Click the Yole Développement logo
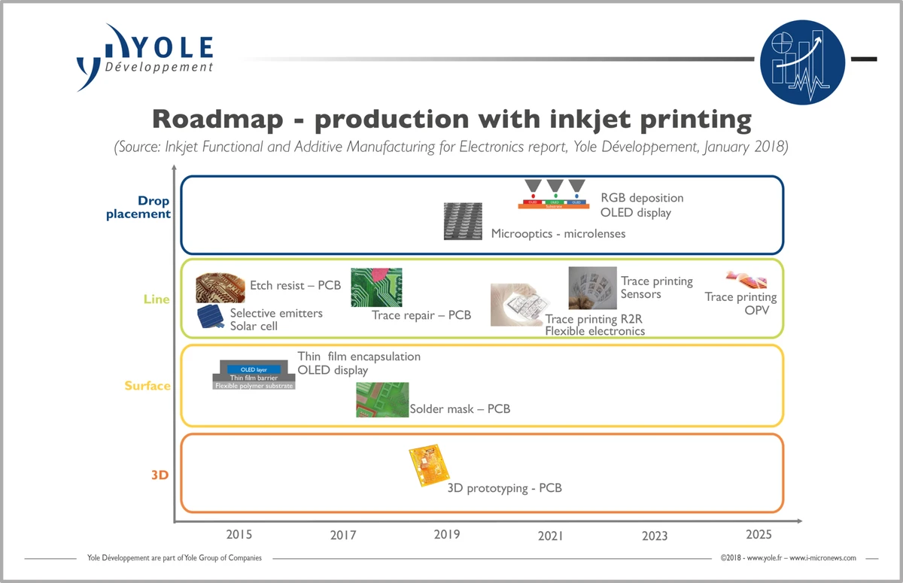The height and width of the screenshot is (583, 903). (x=144, y=56)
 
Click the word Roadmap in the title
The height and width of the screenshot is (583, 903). (x=223, y=120)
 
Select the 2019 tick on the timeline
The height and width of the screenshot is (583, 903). (x=447, y=535)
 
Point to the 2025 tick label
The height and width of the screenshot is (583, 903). (x=759, y=535)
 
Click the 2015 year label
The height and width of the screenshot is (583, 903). (x=239, y=535)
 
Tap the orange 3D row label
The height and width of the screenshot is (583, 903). (x=160, y=475)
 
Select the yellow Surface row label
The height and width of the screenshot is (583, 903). (x=147, y=386)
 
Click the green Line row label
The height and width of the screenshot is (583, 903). (x=157, y=299)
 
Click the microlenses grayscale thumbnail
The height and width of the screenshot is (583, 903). (x=463, y=221)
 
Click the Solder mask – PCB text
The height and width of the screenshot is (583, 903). (x=460, y=409)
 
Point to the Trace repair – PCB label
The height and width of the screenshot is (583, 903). (x=421, y=315)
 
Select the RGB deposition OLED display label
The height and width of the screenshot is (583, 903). (x=641, y=205)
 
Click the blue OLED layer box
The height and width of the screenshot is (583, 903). (x=253, y=369)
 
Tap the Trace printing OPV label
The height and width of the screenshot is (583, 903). (x=740, y=303)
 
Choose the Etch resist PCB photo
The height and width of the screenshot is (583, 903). (x=220, y=287)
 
